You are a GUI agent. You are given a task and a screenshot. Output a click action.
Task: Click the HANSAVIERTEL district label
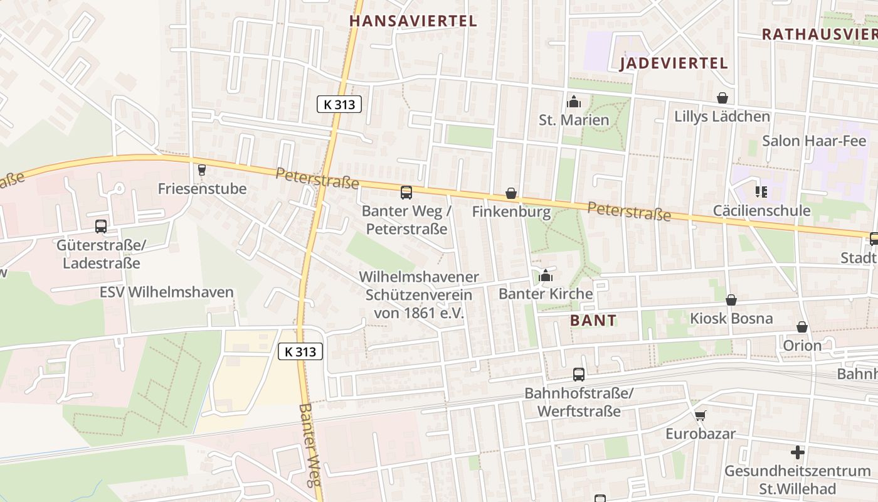pyautogui.click(x=413, y=21)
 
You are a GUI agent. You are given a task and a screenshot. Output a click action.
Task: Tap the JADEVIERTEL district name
pyautogui.click(x=674, y=63)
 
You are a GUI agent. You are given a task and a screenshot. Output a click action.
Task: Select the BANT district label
pyautogui.click(x=593, y=321)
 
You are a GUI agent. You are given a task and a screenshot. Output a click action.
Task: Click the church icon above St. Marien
pyautogui.click(x=573, y=102)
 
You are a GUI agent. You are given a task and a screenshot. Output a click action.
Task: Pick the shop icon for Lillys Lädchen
pyautogui.click(x=722, y=99)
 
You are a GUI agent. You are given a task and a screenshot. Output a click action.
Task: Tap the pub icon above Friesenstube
pyautogui.click(x=201, y=170)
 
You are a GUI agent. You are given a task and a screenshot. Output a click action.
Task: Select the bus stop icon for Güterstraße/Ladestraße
pyautogui.click(x=101, y=227)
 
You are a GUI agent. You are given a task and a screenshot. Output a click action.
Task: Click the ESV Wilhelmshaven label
pyautogui.click(x=167, y=292)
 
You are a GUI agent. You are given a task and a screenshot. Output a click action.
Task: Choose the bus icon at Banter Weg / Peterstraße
pyautogui.click(x=406, y=193)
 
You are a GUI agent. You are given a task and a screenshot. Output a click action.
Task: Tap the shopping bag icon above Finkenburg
pyautogui.click(x=511, y=194)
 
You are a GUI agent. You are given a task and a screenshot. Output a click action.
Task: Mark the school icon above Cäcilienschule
pyautogui.click(x=761, y=192)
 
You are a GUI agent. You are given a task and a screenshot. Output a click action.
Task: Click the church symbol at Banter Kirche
pyautogui.click(x=546, y=275)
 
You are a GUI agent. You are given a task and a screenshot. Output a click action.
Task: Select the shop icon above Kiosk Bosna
pyautogui.click(x=731, y=301)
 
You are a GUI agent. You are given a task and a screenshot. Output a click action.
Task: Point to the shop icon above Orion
pyautogui.click(x=801, y=328)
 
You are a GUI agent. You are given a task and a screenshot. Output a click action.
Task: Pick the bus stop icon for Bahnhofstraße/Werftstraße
pyautogui.click(x=579, y=375)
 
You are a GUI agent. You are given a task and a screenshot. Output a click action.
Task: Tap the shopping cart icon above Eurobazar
pyautogui.click(x=700, y=416)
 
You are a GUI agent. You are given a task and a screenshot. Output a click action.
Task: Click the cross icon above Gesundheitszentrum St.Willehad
pyautogui.click(x=797, y=452)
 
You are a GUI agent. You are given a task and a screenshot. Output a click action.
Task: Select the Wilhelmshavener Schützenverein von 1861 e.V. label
pyautogui.click(x=418, y=294)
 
